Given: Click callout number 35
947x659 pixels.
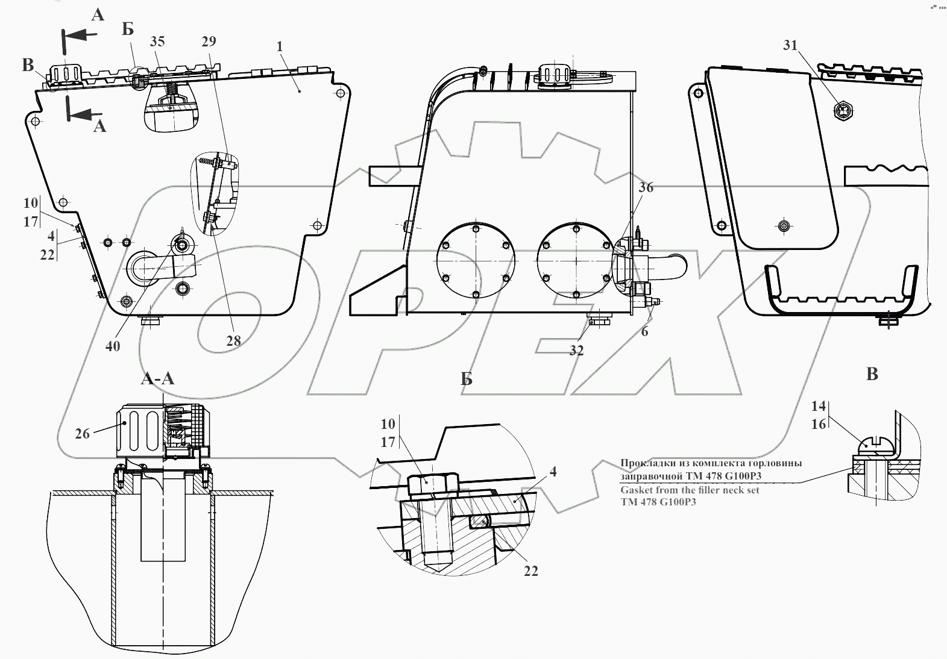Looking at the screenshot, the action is (x=157, y=42).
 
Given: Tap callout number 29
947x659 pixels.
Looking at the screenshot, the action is (x=209, y=41).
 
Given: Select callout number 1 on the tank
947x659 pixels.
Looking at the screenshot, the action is (x=280, y=46).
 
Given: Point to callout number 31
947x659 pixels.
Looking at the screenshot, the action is (x=790, y=45).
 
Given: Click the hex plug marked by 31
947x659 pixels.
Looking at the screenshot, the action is (x=843, y=111).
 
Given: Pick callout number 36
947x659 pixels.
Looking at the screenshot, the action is (x=646, y=187).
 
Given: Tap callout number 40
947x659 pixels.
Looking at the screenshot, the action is (x=113, y=346).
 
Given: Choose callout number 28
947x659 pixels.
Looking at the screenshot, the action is (x=233, y=340).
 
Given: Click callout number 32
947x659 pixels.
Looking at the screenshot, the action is (x=576, y=350).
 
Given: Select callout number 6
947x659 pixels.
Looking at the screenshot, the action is (x=644, y=332).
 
